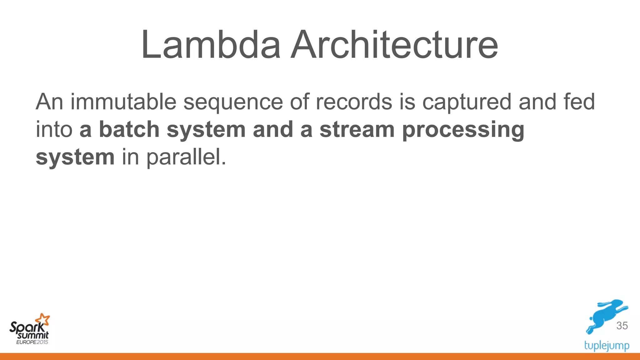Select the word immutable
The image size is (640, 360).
123,102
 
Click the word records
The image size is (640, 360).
354,102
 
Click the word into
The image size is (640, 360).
54,129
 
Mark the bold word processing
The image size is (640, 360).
463,130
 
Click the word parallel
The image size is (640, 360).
186,157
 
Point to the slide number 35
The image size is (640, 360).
622,326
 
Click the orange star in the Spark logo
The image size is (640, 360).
43,320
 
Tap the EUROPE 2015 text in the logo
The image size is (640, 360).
32,342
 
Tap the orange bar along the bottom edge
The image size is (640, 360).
320,357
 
